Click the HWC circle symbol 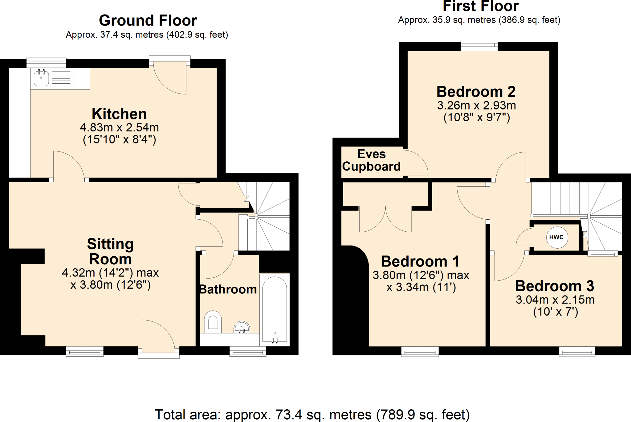(x=557, y=237)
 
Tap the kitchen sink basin (x=41, y=78)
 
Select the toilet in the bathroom (x=213, y=321)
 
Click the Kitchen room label (x=119, y=114)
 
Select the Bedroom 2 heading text (x=476, y=92)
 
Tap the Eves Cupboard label (x=371, y=160)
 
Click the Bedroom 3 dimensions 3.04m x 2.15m (x=555, y=300)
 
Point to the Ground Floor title (x=148, y=21)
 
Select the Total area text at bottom (x=312, y=415)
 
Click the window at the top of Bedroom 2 (x=479, y=46)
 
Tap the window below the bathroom (x=248, y=351)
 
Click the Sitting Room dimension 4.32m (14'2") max (x=110, y=273)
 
